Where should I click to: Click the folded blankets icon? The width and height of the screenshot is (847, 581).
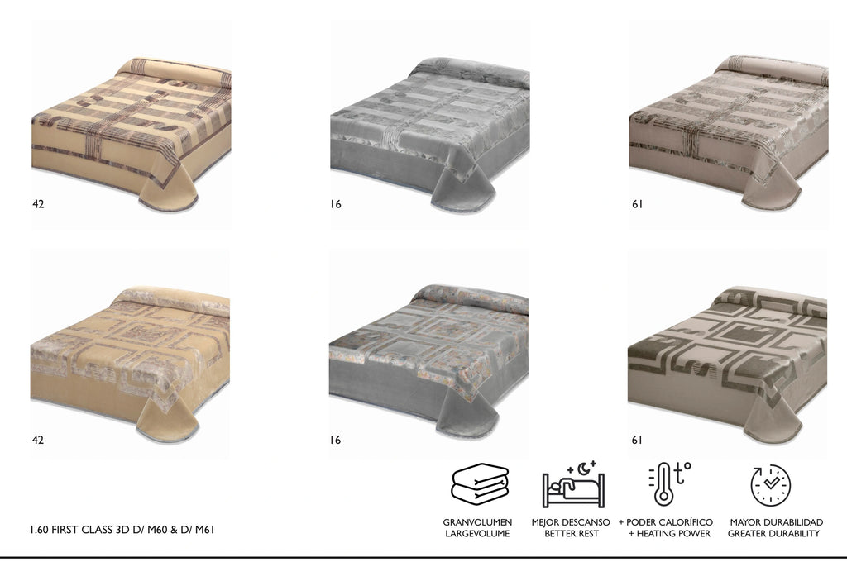(x=480, y=483)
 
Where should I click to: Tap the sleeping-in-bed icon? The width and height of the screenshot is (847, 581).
(x=574, y=484)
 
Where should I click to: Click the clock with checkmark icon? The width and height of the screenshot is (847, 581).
(x=770, y=485)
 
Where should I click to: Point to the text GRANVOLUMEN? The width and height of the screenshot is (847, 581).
(x=477, y=522)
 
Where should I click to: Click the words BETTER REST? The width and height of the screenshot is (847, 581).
(x=571, y=534)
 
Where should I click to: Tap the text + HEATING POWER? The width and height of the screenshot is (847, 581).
(x=669, y=534)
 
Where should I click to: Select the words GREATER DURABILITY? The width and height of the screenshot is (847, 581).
(x=773, y=534)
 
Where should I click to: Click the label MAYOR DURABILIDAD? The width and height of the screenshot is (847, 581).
(x=776, y=522)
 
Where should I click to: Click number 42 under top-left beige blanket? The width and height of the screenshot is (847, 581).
(x=38, y=204)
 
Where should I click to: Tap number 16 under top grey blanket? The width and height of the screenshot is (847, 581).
(x=336, y=204)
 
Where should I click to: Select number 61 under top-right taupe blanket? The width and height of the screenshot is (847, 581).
(x=638, y=204)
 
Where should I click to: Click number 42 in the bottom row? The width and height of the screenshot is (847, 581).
(x=38, y=440)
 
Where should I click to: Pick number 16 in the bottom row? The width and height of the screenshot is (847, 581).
(x=336, y=440)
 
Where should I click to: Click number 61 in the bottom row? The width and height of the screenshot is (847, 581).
(x=638, y=440)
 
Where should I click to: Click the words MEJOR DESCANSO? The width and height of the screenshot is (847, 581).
(x=571, y=522)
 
